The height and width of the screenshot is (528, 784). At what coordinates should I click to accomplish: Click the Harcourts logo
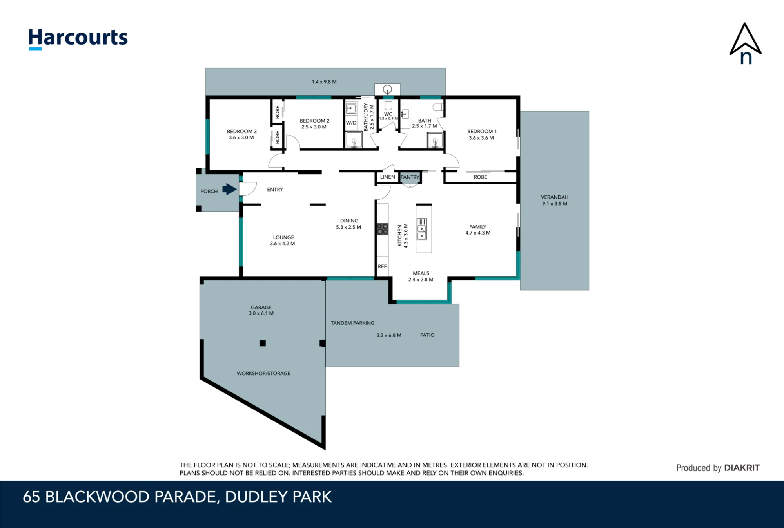tap(78, 39)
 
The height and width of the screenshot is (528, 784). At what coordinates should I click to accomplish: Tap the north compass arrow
tap(745, 43)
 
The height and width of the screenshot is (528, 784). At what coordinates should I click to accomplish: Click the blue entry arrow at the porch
tap(229, 190)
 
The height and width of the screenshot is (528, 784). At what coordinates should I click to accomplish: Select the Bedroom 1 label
tap(482, 132)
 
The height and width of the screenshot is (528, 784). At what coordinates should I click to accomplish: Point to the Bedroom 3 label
tap(242, 132)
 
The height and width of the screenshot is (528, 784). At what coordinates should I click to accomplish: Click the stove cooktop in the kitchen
tap(383, 229)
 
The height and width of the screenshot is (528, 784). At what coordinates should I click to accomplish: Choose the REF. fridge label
tap(383, 266)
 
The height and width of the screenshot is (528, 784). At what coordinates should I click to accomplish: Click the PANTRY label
tap(410, 177)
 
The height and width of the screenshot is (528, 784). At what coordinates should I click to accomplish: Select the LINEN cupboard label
tap(388, 177)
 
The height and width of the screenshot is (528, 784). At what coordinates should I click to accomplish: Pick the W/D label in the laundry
tap(351, 123)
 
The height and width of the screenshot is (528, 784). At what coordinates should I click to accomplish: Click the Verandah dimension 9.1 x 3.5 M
tap(555, 204)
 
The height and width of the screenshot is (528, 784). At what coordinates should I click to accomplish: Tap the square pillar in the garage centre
tap(263, 343)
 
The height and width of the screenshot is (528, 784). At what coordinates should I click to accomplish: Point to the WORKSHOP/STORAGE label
tap(263, 373)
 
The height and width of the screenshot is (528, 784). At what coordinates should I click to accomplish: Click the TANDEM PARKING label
tap(352, 323)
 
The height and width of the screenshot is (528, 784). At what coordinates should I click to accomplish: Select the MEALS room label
tap(421, 273)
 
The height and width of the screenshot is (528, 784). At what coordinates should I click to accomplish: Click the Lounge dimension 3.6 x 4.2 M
tap(282, 244)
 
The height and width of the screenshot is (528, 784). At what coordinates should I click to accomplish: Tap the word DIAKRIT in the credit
tap(742, 468)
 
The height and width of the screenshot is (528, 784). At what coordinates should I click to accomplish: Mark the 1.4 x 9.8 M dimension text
tap(324, 82)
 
